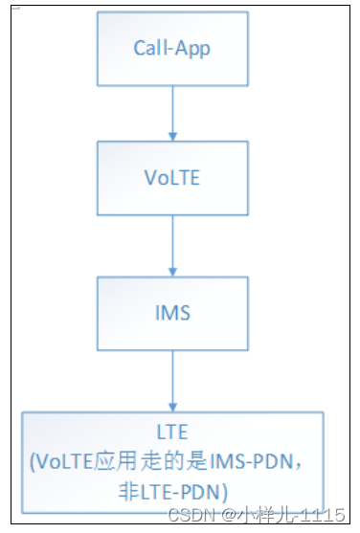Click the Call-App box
click(172, 48)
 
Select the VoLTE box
click(172, 178)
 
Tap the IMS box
click(172, 312)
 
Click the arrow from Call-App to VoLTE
click(172, 112)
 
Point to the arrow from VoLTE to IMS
click(172, 244)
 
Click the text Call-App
click(172, 48)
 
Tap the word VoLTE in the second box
click(172, 178)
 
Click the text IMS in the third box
click(172, 312)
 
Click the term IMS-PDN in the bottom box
click(261, 461)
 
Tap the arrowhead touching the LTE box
click(172, 406)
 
